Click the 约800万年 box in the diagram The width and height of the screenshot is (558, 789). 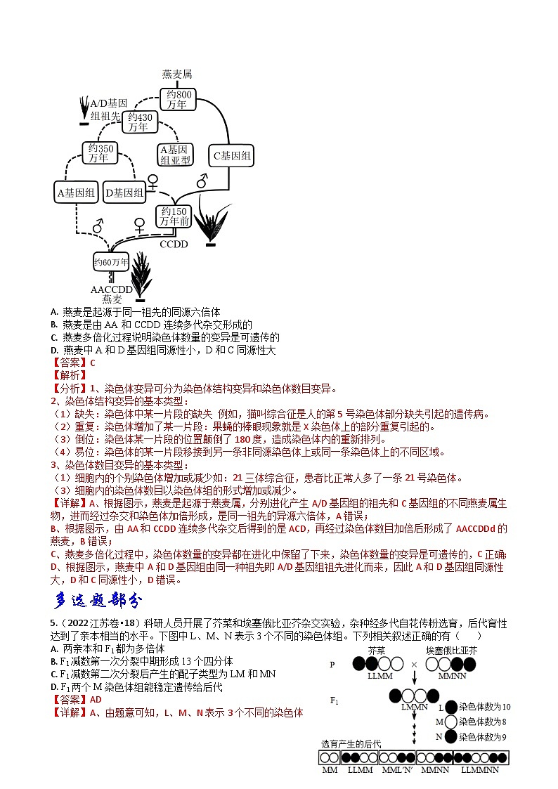177,99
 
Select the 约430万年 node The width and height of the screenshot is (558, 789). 139,122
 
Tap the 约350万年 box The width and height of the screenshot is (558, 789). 99,153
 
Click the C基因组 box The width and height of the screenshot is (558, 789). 231,156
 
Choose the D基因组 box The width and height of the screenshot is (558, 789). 124,191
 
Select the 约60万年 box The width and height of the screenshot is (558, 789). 111,263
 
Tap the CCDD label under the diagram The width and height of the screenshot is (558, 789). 174,244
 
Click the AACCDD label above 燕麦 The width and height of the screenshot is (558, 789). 111,289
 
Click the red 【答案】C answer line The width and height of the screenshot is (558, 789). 72,363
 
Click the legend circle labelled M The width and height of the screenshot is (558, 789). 450,722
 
